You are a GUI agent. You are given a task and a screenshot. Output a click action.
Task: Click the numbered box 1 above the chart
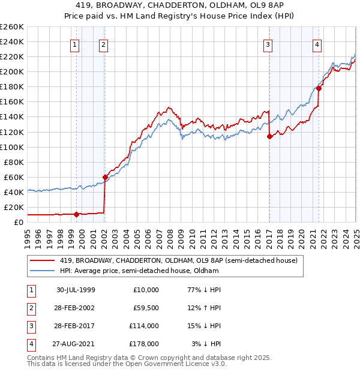[x=74, y=44]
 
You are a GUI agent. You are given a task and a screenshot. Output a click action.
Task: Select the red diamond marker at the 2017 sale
[x=269, y=136]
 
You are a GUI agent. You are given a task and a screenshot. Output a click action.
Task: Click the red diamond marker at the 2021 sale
[x=319, y=88]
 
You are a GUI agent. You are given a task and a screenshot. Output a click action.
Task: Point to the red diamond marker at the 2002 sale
[x=105, y=177]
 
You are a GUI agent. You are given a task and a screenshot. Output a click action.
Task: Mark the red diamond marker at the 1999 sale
[x=77, y=214]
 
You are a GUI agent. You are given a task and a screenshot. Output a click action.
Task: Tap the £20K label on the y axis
[x=14, y=207]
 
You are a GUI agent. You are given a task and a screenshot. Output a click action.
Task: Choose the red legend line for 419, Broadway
[x=43, y=261]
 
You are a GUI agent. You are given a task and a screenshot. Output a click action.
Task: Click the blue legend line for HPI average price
[x=43, y=271]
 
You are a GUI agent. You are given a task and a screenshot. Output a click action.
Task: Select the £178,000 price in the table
[x=143, y=344]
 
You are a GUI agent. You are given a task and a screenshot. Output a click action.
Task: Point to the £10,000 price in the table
[x=146, y=290]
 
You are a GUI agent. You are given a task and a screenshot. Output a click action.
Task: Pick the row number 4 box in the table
[x=30, y=344]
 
